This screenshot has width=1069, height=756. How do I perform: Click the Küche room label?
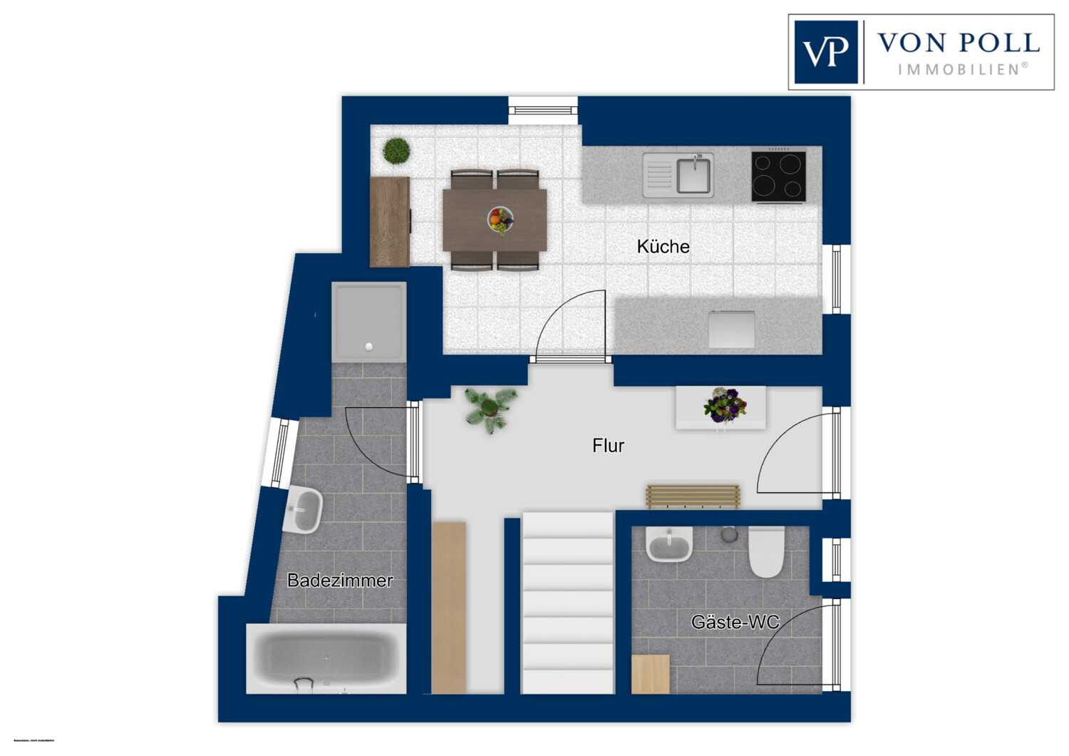tap(663, 247)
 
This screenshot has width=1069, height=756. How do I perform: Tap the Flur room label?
tap(608, 446)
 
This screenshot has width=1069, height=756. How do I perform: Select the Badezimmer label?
tap(339, 581)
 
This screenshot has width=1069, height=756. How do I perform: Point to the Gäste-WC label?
tap(735, 623)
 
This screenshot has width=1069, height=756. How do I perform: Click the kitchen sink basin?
tap(693, 175)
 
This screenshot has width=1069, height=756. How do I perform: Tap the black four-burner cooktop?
tap(778, 176)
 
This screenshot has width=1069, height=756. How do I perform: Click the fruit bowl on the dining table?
tap(500, 219)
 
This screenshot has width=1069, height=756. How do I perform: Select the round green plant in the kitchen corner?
tap(396, 151)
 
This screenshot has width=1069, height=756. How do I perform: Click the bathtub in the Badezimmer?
tap(326, 658)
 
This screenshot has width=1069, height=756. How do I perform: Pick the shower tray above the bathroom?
tap(368, 321)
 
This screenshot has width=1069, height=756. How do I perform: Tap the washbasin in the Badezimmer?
tap(304, 510)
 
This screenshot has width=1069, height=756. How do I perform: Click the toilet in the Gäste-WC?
tap(766, 552)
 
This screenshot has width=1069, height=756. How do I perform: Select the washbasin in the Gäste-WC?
tap(669, 546)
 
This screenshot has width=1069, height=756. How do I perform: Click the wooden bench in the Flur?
tap(693, 496)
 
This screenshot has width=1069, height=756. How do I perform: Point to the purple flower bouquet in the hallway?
tap(725, 406)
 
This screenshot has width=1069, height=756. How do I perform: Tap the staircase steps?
tap(567, 603)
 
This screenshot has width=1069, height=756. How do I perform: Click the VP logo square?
tap(826, 52)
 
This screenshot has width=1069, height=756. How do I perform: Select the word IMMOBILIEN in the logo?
tap(962, 69)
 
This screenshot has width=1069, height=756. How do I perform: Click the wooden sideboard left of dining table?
tap(390, 222)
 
